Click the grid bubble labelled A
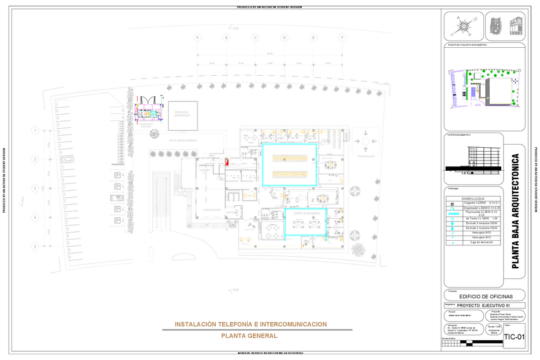click(197, 38)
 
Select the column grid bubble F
click(343, 38)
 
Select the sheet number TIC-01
click(514, 337)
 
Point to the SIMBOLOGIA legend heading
click(472, 199)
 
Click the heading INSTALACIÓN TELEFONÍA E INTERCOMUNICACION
click(250, 324)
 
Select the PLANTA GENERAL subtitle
click(249, 335)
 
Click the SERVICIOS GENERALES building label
click(182, 113)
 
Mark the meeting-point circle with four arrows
click(366, 140)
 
